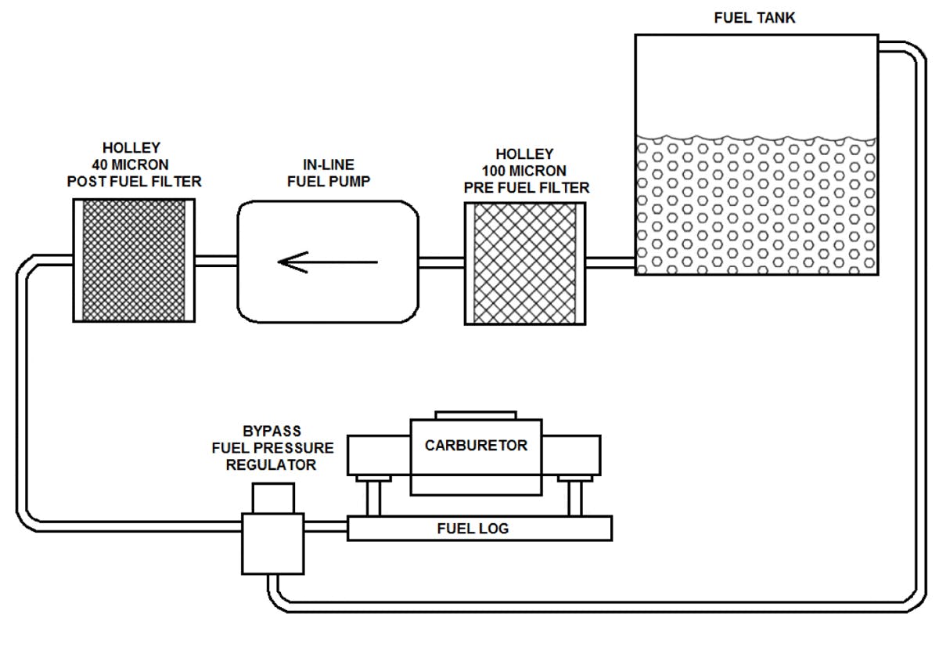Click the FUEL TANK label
point(754,17)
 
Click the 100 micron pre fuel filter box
point(525,263)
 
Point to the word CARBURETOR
point(476,446)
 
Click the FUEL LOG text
point(473,529)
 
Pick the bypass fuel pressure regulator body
point(273,542)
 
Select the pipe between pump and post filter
point(216,261)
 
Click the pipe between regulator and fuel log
point(326,527)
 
